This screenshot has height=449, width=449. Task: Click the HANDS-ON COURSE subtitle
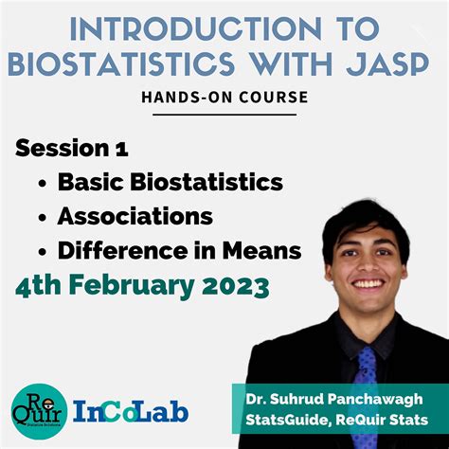pyautogui.click(x=224, y=98)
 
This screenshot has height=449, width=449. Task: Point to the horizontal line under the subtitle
pyautogui.click(x=224, y=115)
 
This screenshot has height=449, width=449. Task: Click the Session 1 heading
pyautogui.click(x=72, y=149)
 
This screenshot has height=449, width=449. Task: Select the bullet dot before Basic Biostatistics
pyautogui.click(x=43, y=183)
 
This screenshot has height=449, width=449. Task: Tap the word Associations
pyautogui.click(x=135, y=216)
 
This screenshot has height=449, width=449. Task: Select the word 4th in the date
pyautogui.click(x=39, y=285)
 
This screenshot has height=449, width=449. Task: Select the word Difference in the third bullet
pyautogui.click(x=118, y=250)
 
